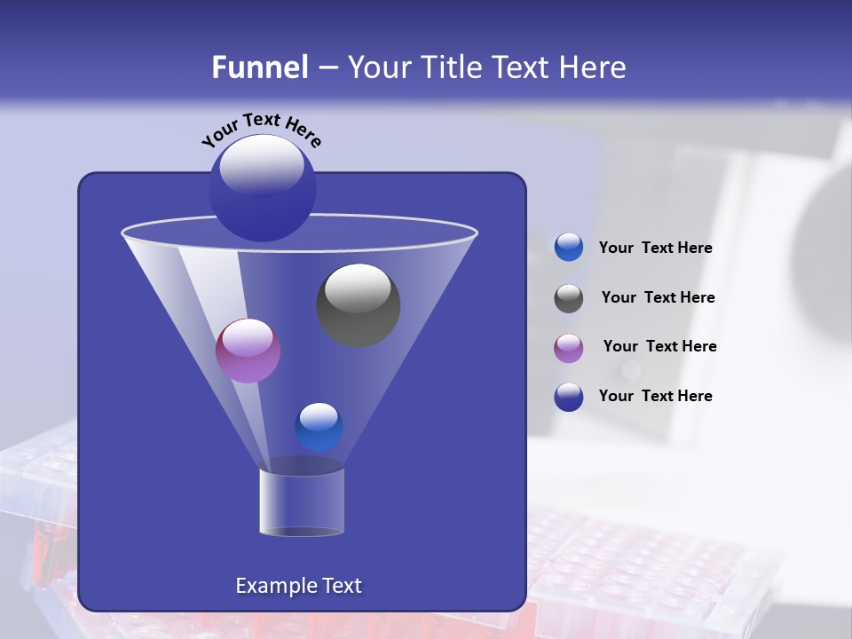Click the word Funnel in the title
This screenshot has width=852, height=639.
tap(259, 67)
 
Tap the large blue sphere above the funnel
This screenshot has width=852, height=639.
tap(262, 187)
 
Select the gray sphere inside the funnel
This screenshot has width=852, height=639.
tap(358, 305)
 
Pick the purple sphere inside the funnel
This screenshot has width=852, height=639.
tap(248, 351)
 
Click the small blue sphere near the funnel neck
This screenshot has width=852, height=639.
tap(319, 427)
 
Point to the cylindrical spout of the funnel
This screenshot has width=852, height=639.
tap(301, 501)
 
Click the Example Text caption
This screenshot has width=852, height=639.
tap(298, 586)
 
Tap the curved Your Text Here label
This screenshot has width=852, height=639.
tap(262, 130)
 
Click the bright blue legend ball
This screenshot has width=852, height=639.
tap(569, 248)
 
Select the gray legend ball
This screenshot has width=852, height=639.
tap(569, 298)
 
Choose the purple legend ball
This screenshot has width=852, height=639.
tap(569, 348)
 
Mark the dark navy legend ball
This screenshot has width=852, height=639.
tap(569, 397)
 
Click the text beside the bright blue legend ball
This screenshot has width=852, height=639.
tap(655, 248)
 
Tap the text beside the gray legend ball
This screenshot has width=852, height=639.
tap(658, 298)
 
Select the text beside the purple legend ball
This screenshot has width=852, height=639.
tap(659, 347)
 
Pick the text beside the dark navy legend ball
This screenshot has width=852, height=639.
tap(655, 396)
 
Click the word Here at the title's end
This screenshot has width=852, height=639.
tap(594, 67)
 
